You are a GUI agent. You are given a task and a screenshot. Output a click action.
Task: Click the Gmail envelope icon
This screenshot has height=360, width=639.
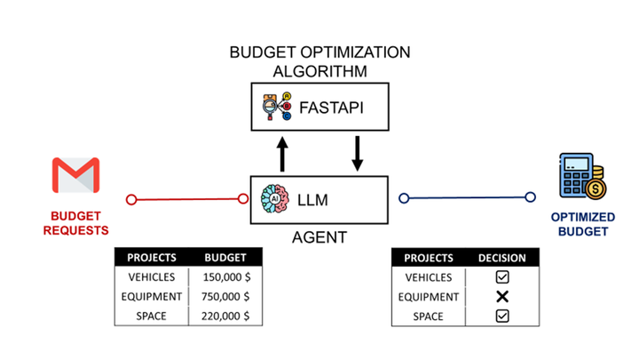75,176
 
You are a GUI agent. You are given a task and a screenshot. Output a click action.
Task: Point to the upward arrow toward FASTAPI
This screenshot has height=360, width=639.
282,153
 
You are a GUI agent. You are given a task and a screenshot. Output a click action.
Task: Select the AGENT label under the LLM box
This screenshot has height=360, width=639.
319,238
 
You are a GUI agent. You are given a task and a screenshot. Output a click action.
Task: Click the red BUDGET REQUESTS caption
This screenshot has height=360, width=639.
75,223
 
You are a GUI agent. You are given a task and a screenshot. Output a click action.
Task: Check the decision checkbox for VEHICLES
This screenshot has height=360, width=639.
501,277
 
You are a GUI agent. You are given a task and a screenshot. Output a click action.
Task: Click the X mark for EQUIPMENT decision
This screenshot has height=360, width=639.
501,296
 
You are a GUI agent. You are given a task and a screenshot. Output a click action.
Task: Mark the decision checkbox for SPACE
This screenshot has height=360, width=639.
501,316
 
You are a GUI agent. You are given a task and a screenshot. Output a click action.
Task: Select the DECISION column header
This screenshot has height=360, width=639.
501,258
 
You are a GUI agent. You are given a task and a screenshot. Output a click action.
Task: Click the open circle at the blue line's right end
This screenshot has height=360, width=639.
531,197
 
